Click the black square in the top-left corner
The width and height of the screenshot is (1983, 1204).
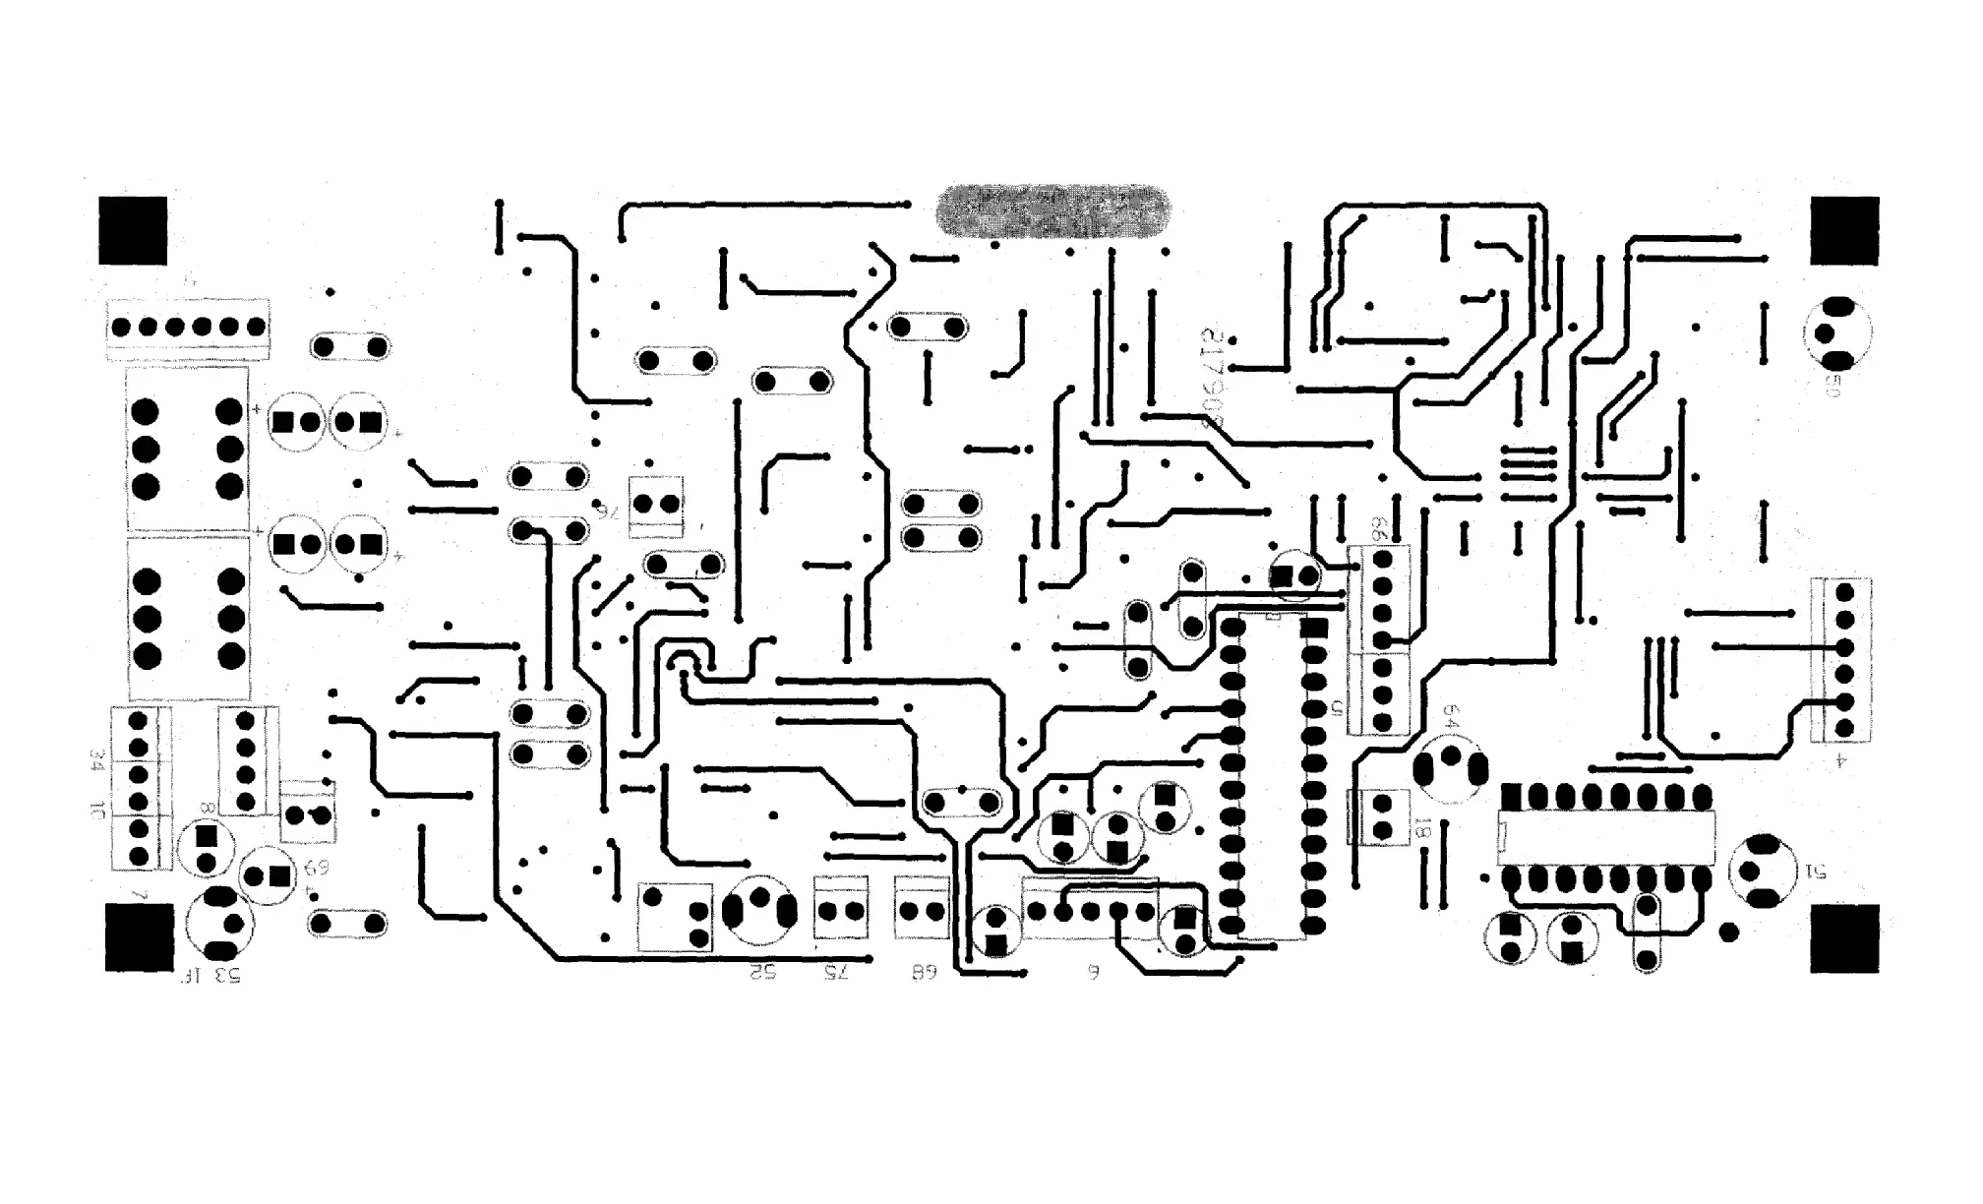(x=133, y=230)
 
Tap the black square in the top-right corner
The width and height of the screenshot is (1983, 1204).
(x=1844, y=230)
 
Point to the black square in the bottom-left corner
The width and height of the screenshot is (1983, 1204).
(x=139, y=938)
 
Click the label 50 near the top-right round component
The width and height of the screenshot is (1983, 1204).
(x=1832, y=385)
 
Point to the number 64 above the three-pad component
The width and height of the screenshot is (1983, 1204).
(x=1450, y=715)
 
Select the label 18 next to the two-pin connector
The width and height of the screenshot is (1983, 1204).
(x=1420, y=828)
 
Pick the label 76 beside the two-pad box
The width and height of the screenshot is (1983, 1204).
(x=610, y=509)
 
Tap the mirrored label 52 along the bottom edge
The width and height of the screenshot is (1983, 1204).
(x=763, y=972)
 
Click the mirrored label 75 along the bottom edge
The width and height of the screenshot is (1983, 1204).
(x=835, y=972)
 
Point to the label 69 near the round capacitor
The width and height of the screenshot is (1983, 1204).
(x=316, y=868)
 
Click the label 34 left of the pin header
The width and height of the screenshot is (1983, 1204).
(x=97, y=759)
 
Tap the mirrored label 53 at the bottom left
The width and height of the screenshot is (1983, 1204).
(x=225, y=975)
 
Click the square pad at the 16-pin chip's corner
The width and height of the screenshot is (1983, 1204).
(x=1511, y=795)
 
